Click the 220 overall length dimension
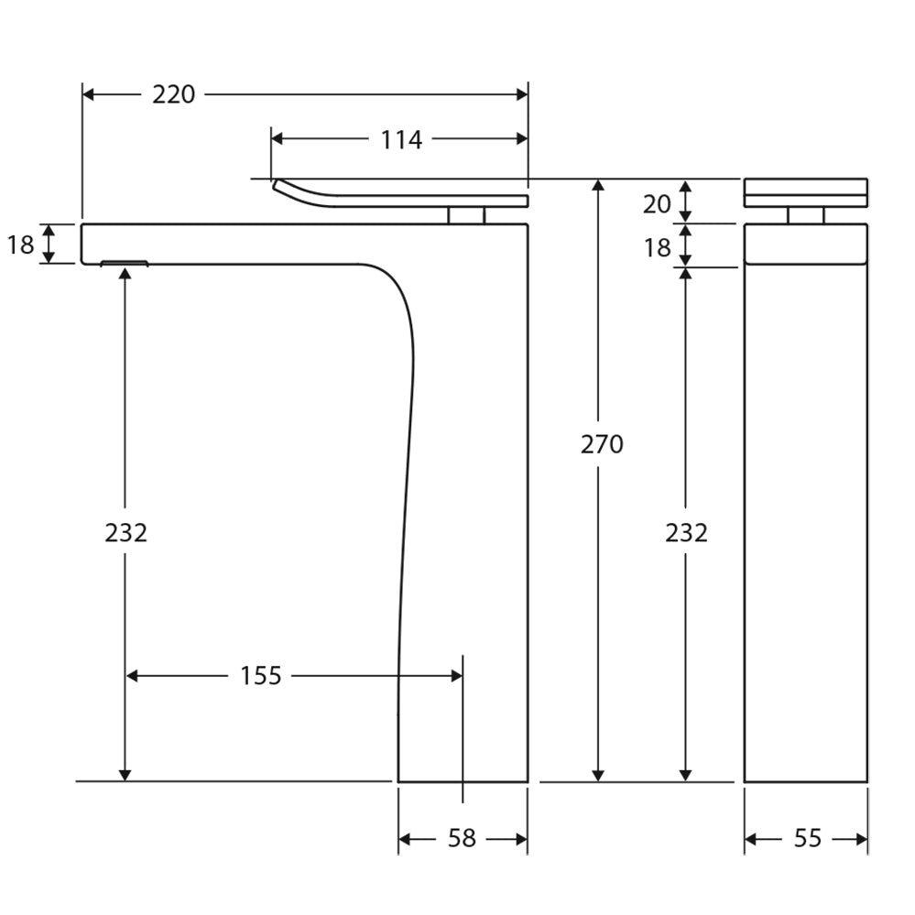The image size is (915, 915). click(x=173, y=94)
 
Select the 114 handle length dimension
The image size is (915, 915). click(x=401, y=139)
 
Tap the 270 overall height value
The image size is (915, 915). click(x=602, y=444)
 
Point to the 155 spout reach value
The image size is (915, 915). click(x=261, y=676)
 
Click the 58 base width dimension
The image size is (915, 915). click(x=462, y=838)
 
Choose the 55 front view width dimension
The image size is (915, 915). click(x=807, y=838)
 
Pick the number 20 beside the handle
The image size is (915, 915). click(x=657, y=204)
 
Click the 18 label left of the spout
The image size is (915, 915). click(x=20, y=245)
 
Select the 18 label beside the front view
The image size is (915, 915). click(x=657, y=247)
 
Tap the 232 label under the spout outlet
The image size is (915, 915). click(x=125, y=532)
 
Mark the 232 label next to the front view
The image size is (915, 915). click(x=686, y=532)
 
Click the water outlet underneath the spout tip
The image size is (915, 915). click(x=124, y=264)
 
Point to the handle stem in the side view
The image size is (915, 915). click(x=466, y=215)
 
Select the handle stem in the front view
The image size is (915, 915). click(x=806, y=215)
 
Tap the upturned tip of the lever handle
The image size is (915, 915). click(x=278, y=186)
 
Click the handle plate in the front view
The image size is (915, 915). click(x=805, y=192)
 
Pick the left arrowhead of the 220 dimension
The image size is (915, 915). click(x=89, y=94)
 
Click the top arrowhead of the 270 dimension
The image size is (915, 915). click(x=598, y=185)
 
